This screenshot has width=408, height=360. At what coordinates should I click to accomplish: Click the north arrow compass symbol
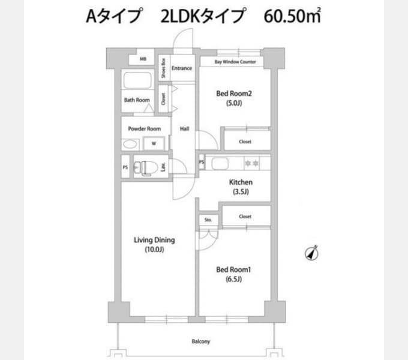[312, 253]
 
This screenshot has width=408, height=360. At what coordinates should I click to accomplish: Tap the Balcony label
[200, 341]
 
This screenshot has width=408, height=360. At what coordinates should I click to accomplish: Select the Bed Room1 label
[233, 270]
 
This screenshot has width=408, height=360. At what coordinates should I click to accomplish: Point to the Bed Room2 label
[234, 94]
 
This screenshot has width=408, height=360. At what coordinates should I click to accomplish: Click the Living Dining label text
[154, 240]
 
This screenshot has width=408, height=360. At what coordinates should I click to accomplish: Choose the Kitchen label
[241, 182]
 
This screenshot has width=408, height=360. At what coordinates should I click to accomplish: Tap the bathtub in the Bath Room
[137, 80]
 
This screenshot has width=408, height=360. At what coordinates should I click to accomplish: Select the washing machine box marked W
[154, 143]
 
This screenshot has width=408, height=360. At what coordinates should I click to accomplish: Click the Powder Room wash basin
[130, 145]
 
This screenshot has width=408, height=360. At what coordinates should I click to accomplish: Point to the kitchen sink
[220, 164]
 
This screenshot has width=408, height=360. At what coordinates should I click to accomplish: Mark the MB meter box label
[143, 59]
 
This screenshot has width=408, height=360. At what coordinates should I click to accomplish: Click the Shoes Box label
[163, 68]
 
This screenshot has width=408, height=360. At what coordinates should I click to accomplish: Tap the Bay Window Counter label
[235, 62]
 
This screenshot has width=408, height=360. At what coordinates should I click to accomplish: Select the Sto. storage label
[208, 220]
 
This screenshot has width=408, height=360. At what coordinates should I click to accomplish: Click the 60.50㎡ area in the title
[292, 16]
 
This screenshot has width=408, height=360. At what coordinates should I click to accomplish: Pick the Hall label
[184, 128]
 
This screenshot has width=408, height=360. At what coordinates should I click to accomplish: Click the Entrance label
[182, 68]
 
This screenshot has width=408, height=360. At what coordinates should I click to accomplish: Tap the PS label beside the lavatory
[125, 167]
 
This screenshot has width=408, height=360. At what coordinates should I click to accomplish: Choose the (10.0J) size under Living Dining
[154, 250]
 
